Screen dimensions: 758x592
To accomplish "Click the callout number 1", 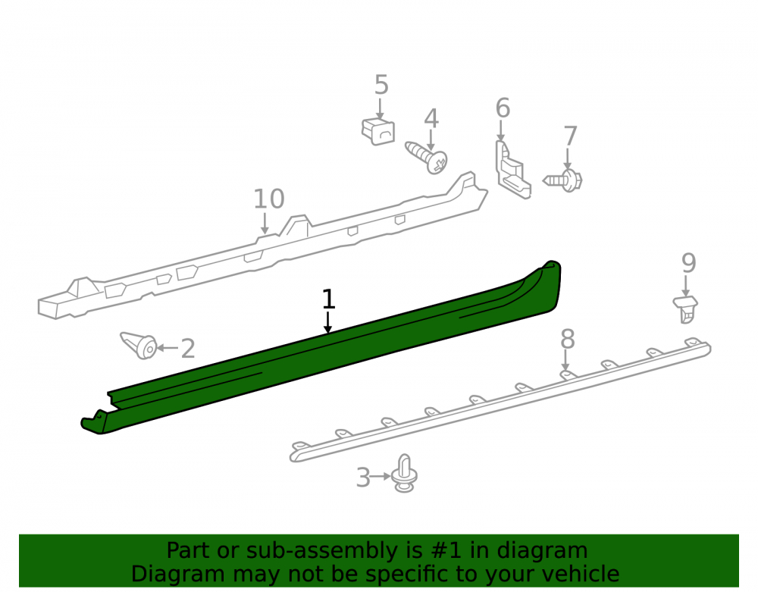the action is (328, 299).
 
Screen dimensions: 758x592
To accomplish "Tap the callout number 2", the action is (187, 349).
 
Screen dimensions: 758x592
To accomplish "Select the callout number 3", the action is (363, 478).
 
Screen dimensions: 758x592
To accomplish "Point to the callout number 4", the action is (431, 119).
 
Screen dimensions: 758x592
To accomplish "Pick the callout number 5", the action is (381, 85).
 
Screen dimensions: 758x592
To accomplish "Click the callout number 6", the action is (503, 108).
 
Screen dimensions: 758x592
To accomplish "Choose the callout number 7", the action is (571, 136).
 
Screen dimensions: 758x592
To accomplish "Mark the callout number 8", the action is (568, 340).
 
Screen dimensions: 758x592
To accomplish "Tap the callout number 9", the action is (688, 263).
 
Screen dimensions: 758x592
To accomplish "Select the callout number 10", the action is (269, 199).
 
